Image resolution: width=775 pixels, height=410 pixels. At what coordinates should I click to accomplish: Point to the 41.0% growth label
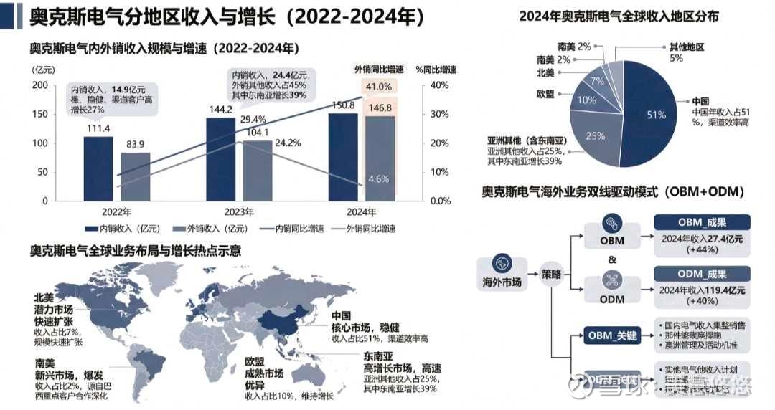tap(378, 87)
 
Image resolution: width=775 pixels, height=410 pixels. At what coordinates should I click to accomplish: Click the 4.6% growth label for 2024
tap(378, 178)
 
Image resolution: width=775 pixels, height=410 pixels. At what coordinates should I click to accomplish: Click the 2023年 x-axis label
tap(238, 212)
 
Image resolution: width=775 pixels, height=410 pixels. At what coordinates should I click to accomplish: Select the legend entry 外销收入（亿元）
tap(208, 229)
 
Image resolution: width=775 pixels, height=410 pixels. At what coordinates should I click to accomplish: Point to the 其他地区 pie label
tap(686, 47)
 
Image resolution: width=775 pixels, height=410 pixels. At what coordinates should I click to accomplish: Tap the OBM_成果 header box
tap(702, 222)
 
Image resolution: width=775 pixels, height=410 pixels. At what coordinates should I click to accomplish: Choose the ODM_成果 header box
tap(702, 274)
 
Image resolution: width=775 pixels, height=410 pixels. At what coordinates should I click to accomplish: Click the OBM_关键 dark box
tap(611, 335)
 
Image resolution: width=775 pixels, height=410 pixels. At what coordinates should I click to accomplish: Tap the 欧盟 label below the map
tap(255, 362)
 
